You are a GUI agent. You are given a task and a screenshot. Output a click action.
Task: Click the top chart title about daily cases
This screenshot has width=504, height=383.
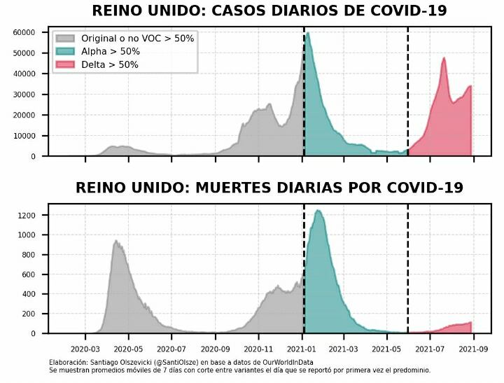269,11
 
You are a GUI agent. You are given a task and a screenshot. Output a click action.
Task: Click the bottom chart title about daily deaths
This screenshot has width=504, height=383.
269,188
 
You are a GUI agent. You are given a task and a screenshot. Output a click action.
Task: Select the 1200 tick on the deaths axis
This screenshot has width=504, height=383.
27,216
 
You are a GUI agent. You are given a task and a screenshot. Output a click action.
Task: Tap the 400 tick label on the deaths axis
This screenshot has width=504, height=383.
29,294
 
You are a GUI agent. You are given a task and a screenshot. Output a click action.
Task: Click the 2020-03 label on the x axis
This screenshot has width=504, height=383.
85,348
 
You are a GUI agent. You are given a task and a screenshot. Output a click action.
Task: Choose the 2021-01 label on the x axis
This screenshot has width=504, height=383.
302,348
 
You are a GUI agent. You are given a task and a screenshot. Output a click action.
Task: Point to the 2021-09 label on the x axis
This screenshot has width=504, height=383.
475,348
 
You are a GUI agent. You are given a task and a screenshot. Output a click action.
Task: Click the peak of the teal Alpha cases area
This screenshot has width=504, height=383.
308,33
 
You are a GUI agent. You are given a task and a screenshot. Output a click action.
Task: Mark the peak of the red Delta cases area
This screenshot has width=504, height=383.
444,58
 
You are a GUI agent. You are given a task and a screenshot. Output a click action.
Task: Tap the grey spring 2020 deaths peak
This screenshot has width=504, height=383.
115,241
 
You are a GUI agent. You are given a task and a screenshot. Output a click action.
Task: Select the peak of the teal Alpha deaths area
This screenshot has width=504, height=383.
318,210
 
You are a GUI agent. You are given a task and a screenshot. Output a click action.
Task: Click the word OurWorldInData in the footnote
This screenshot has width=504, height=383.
274,362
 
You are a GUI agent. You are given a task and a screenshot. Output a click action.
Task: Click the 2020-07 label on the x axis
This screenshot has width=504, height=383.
171,348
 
